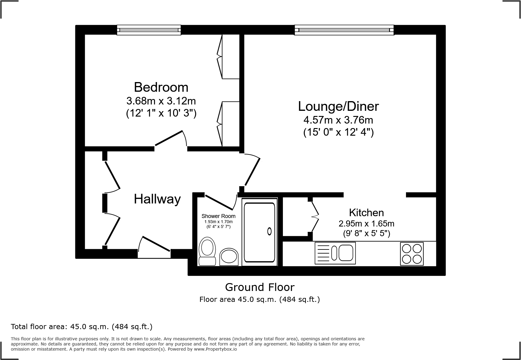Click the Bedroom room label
click(x=161, y=87)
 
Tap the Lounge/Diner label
click(x=338, y=106)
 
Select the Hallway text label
click(x=157, y=199)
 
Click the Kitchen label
click(x=366, y=213)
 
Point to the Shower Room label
click(x=218, y=216)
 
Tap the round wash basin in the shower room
click(x=229, y=257)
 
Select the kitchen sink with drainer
click(x=335, y=253)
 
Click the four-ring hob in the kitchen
click(x=411, y=254)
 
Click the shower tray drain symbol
click(x=269, y=232)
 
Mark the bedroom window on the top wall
click(x=149, y=30)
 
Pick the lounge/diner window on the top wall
click(x=344, y=30)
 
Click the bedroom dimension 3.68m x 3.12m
click(x=161, y=101)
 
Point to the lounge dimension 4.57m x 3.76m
click(x=338, y=120)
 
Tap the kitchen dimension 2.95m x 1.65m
click(x=366, y=224)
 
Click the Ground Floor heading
click(x=260, y=287)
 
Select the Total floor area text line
click(x=81, y=327)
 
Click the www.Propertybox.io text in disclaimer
click(x=215, y=349)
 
